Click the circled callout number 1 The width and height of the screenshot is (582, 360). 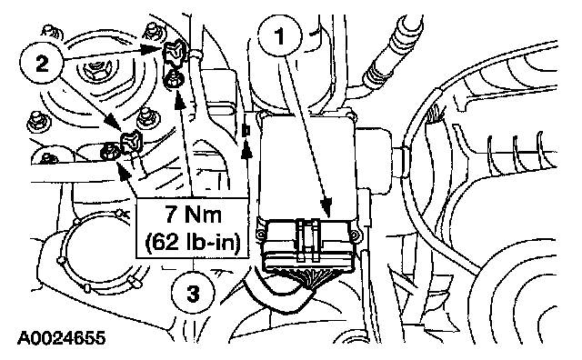[x=280, y=36]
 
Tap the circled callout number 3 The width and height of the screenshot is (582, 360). [x=193, y=295]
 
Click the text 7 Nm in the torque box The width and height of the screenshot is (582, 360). [x=193, y=215]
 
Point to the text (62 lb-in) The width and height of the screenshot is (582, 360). [x=193, y=242]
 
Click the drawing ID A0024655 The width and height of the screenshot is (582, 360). [x=62, y=338]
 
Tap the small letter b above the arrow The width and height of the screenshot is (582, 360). [x=246, y=130]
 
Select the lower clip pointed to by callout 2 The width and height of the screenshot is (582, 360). [x=132, y=142]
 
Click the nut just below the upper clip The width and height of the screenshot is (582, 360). [x=173, y=80]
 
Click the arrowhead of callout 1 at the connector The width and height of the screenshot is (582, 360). [x=327, y=207]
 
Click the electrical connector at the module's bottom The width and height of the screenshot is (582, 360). [x=307, y=244]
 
